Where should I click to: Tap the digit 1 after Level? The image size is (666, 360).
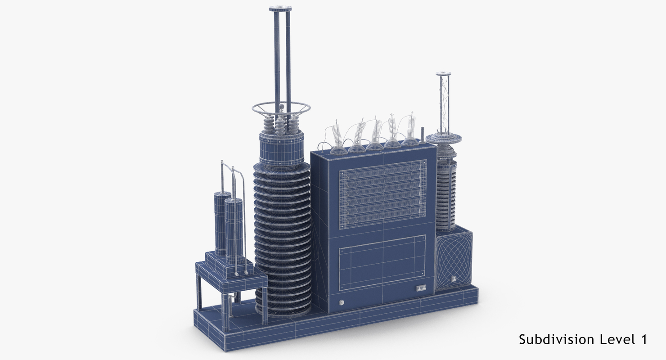(x=643, y=339)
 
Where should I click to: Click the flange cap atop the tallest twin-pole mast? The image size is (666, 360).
(x=280, y=9)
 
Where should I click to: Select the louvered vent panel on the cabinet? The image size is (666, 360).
(x=382, y=194)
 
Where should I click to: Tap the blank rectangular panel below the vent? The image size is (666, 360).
(x=382, y=263)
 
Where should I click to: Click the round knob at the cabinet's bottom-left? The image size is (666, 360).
(x=341, y=302)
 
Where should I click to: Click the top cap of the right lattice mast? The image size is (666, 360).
(x=443, y=74)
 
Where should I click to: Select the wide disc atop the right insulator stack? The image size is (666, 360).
(x=445, y=138)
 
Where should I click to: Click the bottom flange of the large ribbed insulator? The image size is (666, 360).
(x=283, y=311)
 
